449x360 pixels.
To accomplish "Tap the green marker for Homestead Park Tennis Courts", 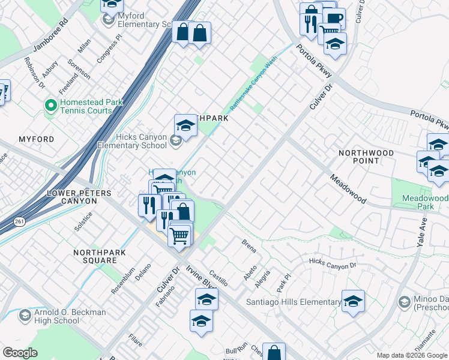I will tap(50, 106).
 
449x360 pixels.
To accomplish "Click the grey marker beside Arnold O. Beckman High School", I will tap(25, 314).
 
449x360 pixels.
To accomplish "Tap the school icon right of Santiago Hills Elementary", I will tap(353, 301).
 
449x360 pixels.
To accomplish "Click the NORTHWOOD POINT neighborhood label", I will tap(366, 157).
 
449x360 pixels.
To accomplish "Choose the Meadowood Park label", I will tap(425, 202).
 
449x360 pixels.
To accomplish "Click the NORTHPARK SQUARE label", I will tap(100, 256).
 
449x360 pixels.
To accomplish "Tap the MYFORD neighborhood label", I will tap(36, 139).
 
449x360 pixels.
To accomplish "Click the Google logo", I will tap(20, 353).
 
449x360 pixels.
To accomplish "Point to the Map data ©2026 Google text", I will tap(411, 355).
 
